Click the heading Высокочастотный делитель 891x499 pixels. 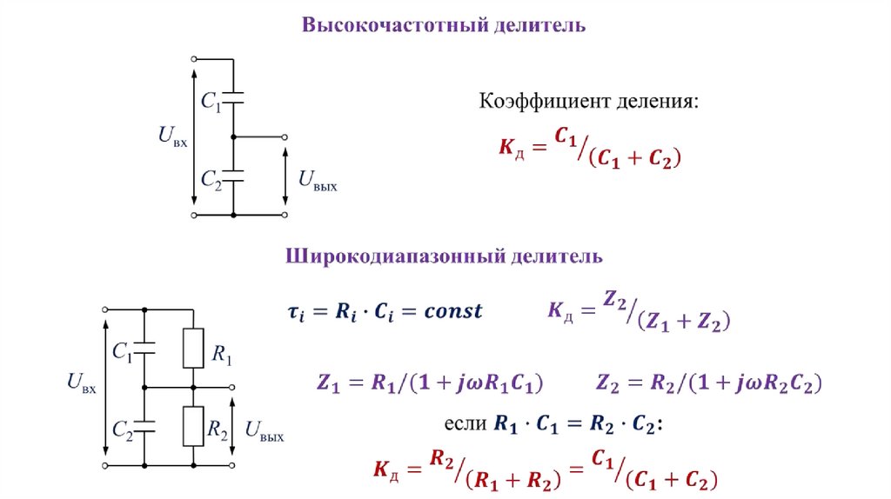(x=444, y=25)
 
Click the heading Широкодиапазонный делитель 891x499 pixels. (x=444, y=256)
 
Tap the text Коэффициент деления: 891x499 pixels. (x=589, y=102)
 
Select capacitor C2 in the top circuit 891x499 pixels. (x=233, y=175)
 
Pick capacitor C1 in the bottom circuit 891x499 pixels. (x=144, y=349)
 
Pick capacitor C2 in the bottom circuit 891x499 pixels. (x=144, y=426)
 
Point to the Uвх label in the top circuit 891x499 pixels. (x=172, y=136)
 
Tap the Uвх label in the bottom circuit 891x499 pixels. (x=81, y=382)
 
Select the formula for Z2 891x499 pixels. (x=709, y=383)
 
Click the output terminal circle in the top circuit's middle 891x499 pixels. (x=285, y=136)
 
